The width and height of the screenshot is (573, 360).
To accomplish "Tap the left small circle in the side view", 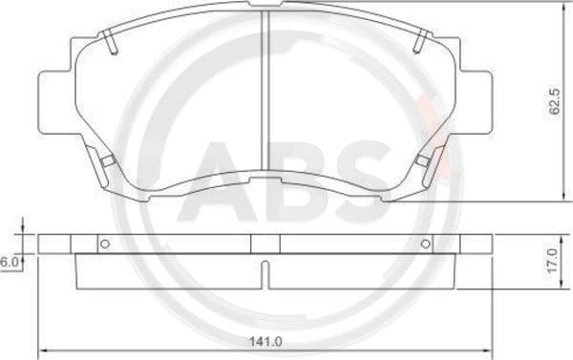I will (x=105, y=244).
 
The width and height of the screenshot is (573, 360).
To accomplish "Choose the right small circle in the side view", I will (x=424, y=244).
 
